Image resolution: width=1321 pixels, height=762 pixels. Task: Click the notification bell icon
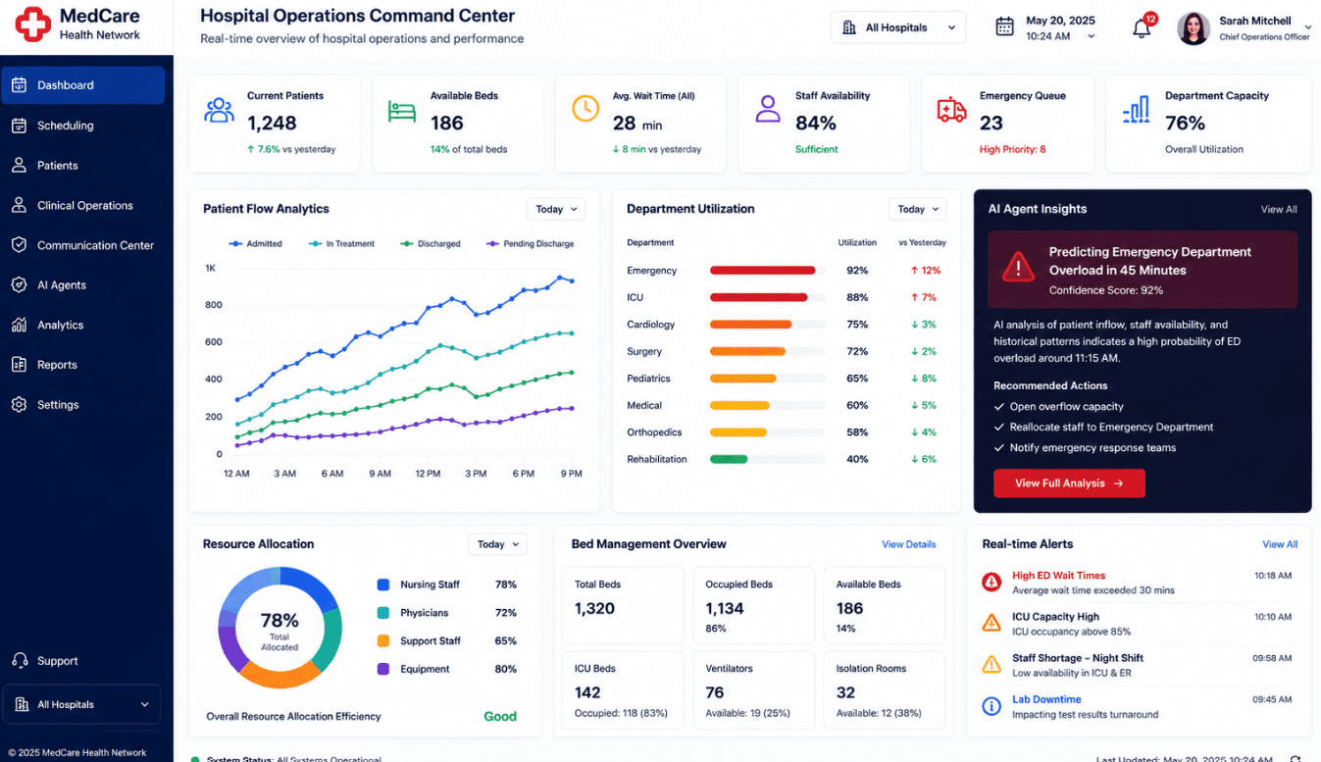pyautogui.click(x=1142, y=28)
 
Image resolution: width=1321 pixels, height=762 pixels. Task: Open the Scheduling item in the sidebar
pyautogui.click(x=65, y=126)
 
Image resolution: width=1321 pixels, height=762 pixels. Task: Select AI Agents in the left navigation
pyautogui.click(x=62, y=284)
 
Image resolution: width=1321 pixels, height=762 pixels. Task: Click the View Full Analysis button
pyautogui.click(x=1069, y=483)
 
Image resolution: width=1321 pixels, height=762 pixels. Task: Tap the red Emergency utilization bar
pyautogui.click(x=762, y=270)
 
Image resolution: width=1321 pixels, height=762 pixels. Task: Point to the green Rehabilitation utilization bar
pyautogui.click(x=729, y=459)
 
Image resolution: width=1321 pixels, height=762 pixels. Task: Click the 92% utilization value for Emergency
pyautogui.click(x=857, y=270)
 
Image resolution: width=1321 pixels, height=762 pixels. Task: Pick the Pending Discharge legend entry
pyautogui.click(x=530, y=243)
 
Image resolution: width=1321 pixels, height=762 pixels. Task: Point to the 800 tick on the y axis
pyautogui.click(x=214, y=305)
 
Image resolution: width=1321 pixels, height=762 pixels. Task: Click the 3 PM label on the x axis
pyautogui.click(x=476, y=474)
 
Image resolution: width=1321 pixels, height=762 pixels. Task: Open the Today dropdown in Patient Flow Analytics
pyautogui.click(x=555, y=209)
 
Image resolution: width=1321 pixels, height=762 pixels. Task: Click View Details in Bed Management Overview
pyautogui.click(x=908, y=544)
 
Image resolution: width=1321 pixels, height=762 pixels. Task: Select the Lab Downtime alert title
pyautogui.click(x=1046, y=699)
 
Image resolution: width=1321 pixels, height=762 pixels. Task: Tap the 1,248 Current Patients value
pyautogui.click(x=272, y=123)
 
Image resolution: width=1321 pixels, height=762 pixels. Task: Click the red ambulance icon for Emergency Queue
pyautogui.click(x=951, y=110)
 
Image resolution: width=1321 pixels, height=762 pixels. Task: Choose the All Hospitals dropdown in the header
pyautogui.click(x=897, y=27)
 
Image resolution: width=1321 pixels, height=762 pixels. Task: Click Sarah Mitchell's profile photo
pyautogui.click(x=1194, y=28)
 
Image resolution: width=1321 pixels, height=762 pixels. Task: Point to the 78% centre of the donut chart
pyautogui.click(x=279, y=621)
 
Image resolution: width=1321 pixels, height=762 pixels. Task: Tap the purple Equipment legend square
pyautogui.click(x=383, y=669)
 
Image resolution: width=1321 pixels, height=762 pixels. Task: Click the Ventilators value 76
pyautogui.click(x=714, y=692)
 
